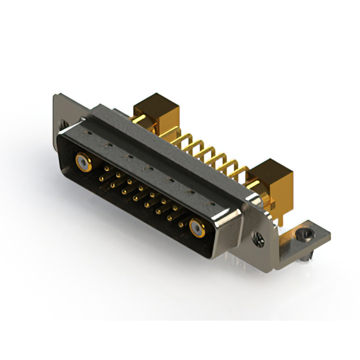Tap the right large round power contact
pos(196,228)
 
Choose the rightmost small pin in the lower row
pos(181,224)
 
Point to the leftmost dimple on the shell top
pos(88,133)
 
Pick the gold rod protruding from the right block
pos(260,198)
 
